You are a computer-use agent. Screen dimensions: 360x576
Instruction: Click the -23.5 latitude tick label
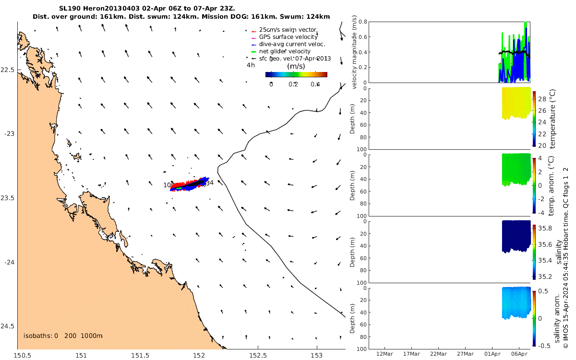[8, 198]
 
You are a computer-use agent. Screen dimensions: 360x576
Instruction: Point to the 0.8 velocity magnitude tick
[362, 22]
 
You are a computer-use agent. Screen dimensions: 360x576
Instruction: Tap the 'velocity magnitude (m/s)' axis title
[355, 52]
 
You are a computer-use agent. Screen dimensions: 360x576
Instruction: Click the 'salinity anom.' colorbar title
[557, 318]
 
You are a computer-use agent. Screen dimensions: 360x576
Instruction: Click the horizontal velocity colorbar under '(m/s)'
[296, 74]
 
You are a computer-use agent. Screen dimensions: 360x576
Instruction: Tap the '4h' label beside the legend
[251, 65]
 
